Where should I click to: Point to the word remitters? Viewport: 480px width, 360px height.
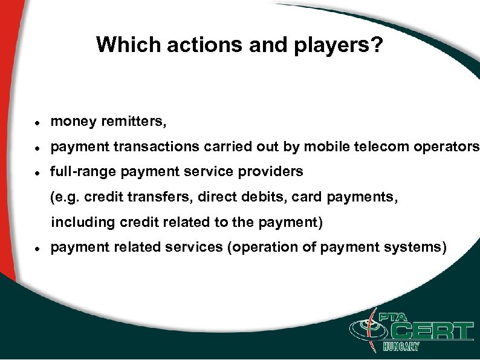click(x=133, y=122)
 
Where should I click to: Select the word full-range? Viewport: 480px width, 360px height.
click(x=83, y=172)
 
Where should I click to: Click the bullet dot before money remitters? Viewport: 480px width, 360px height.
click(x=37, y=122)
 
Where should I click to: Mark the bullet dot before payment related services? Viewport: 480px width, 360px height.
click(x=37, y=248)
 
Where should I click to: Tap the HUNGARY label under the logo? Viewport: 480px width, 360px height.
click(x=401, y=347)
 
